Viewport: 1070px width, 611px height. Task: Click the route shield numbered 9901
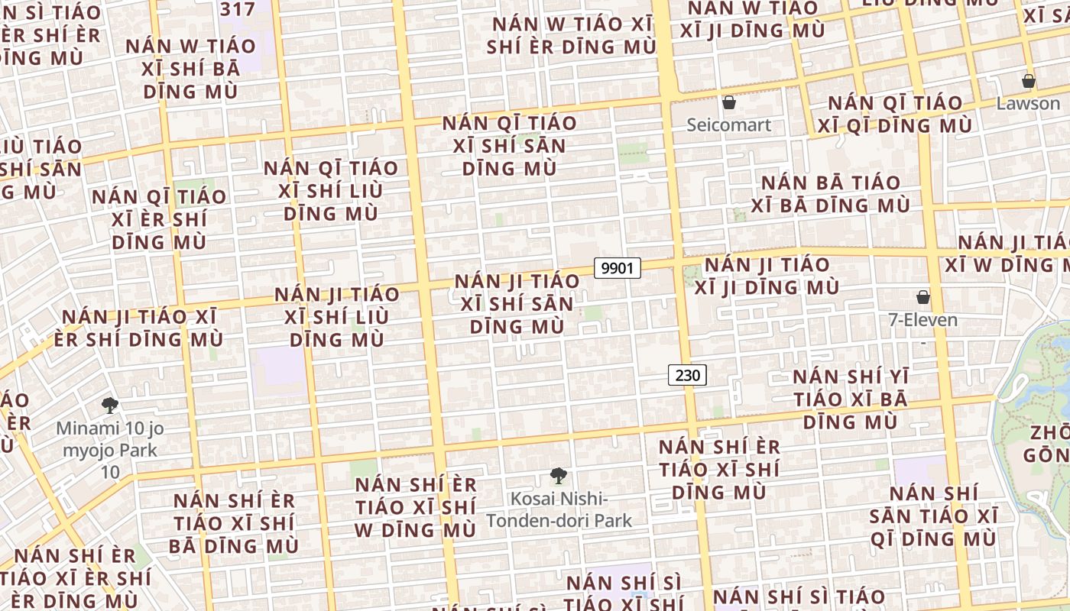[x=618, y=268]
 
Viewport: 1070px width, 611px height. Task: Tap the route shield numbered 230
[x=687, y=375]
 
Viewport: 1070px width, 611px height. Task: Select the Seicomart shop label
[x=729, y=124]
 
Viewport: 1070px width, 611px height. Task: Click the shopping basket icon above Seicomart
[x=729, y=102]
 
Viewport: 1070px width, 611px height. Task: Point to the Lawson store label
[x=1028, y=103]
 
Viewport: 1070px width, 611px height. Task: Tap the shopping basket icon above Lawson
[x=1029, y=81]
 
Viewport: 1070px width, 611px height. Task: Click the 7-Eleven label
[x=922, y=319]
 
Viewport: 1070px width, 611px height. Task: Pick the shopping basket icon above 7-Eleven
[x=923, y=297]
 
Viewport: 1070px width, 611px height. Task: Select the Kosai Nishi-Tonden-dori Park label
[x=559, y=510]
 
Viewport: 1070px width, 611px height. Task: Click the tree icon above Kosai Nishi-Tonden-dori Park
[x=559, y=477]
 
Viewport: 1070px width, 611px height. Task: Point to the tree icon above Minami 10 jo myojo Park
[x=110, y=406]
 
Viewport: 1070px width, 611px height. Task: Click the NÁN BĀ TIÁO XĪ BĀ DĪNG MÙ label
[x=831, y=194]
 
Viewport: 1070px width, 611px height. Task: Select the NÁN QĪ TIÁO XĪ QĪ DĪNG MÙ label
[x=895, y=114]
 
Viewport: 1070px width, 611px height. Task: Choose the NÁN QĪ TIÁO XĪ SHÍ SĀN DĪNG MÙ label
[x=510, y=145]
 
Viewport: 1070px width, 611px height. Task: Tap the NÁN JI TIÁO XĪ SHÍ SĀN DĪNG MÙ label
[x=517, y=303]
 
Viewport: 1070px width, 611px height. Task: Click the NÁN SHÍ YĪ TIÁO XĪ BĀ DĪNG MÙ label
[x=851, y=399]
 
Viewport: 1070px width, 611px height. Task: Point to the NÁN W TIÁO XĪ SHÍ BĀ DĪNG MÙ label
[x=191, y=69]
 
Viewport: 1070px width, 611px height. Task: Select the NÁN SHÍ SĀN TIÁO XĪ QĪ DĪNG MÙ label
[x=934, y=516]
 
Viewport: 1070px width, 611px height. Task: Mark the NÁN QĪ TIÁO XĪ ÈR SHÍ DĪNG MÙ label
[x=159, y=219]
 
